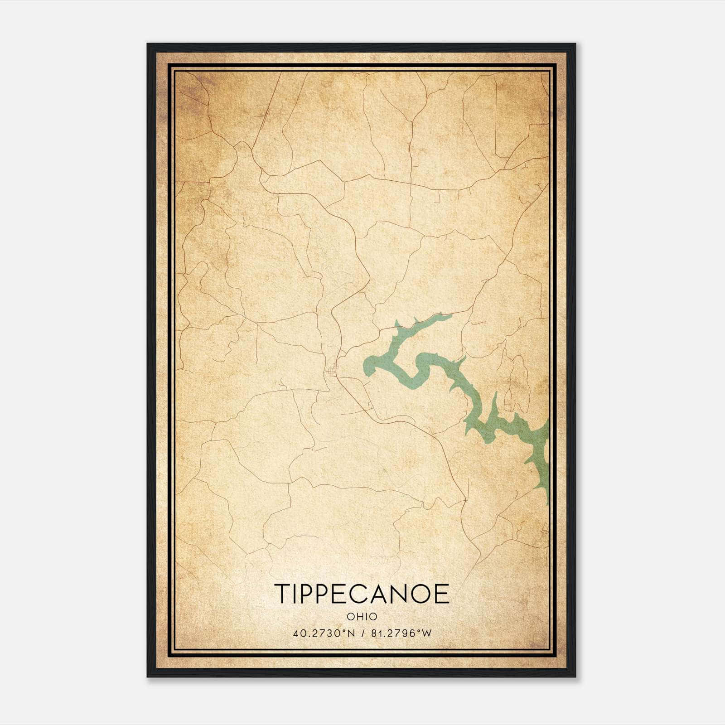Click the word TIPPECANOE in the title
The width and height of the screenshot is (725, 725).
point(362,594)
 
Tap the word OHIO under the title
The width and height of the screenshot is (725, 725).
point(362,617)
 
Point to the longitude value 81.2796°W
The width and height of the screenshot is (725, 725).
point(401,633)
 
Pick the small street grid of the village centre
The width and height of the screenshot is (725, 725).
point(333,370)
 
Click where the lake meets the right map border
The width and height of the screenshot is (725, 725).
point(547,453)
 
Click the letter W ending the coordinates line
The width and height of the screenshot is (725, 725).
point(427,633)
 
